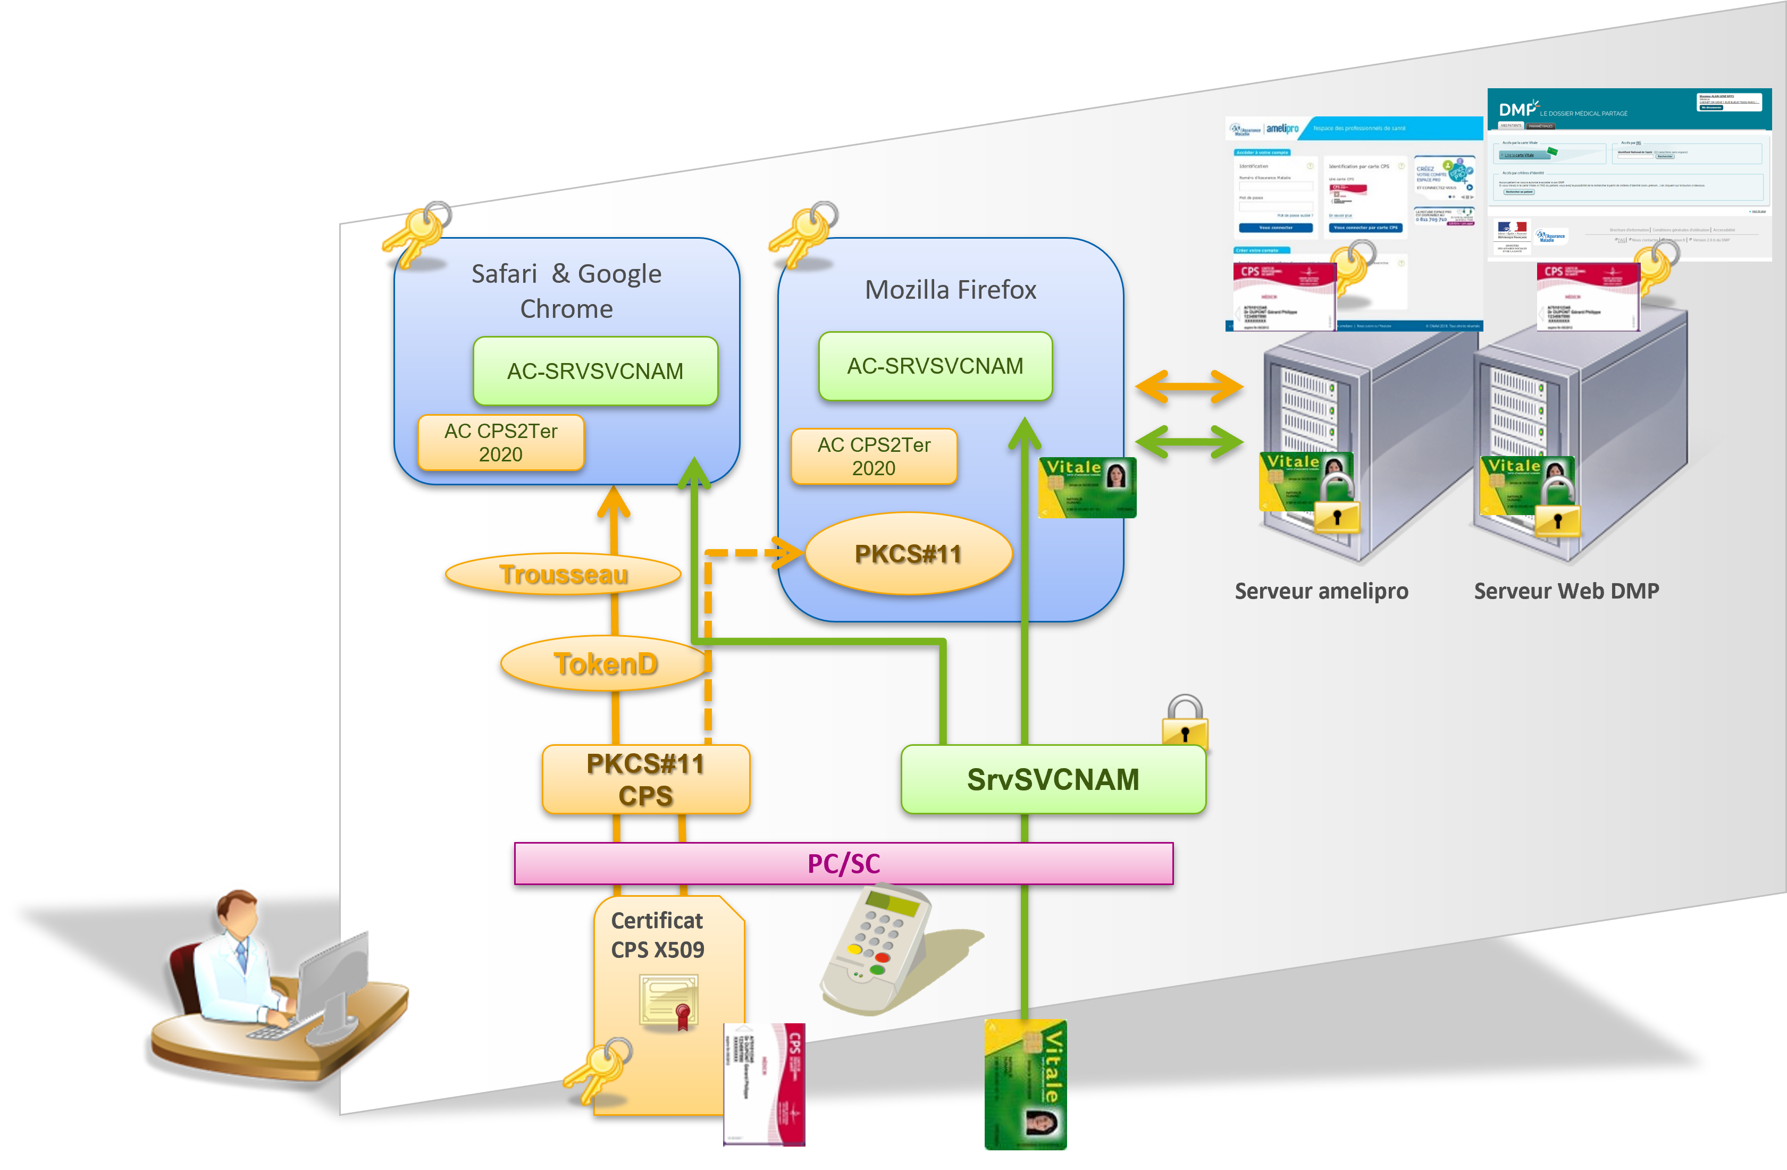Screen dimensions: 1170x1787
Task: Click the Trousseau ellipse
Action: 563,575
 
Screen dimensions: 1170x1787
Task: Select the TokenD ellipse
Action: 605,664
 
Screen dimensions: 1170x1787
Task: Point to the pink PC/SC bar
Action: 843,864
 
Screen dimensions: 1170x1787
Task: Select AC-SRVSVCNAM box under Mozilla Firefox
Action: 935,366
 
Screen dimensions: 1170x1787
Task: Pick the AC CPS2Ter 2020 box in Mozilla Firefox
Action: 874,456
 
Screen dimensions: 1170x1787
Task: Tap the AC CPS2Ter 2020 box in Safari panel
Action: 501,443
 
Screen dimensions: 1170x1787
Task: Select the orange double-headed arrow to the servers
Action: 1189,387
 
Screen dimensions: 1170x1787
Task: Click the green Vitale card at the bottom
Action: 1026,1084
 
